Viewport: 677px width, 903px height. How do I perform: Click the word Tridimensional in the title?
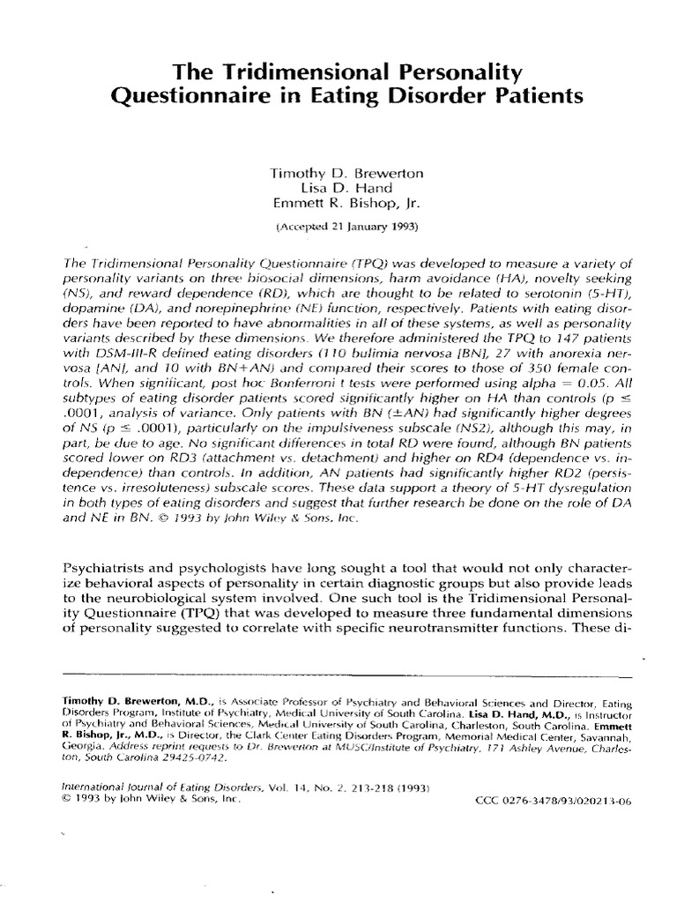click(x=264, y=69)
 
